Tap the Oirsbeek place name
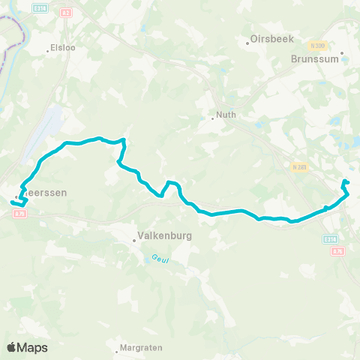tap(273, 39)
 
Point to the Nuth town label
tap(226, 115)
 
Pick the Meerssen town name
tap(44, 193)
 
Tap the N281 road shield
tap(300, 167)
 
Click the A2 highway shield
tap(65, 13)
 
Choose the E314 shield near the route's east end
tap(331, 238)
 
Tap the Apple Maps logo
tap(27, 346)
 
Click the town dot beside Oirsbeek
tap(248, 43)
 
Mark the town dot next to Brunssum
tap(341, 53)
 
